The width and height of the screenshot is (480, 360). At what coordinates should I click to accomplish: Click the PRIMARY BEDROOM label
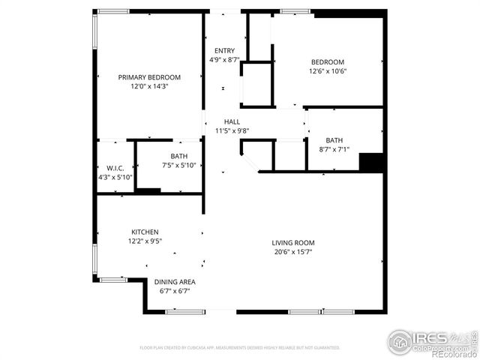point(149,77)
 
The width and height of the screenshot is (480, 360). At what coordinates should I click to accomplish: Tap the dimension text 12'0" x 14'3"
point(149,86)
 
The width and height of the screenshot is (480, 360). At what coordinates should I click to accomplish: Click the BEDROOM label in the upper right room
point(328,62)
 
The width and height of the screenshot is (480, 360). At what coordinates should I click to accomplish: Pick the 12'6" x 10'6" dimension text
point(328,71)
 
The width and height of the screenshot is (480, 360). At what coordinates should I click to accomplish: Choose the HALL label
point(232,121)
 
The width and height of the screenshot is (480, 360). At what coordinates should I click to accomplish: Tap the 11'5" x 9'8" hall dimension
point(232,130)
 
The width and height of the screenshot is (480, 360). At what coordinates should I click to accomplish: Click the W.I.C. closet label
point(115,168)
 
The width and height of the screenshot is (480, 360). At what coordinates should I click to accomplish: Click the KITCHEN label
point(145,232)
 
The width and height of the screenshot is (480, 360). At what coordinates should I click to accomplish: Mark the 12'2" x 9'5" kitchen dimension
point(145,241)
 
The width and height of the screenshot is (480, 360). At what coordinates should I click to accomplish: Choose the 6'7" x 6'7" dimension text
point(172,291)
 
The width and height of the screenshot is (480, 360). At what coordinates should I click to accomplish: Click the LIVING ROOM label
point(292,243)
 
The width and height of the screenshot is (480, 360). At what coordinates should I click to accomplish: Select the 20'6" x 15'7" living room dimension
point(292,252)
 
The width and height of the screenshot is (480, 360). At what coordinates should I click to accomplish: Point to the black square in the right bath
point(371,162)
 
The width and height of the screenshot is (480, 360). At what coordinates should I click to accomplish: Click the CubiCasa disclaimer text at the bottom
point(240,348)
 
